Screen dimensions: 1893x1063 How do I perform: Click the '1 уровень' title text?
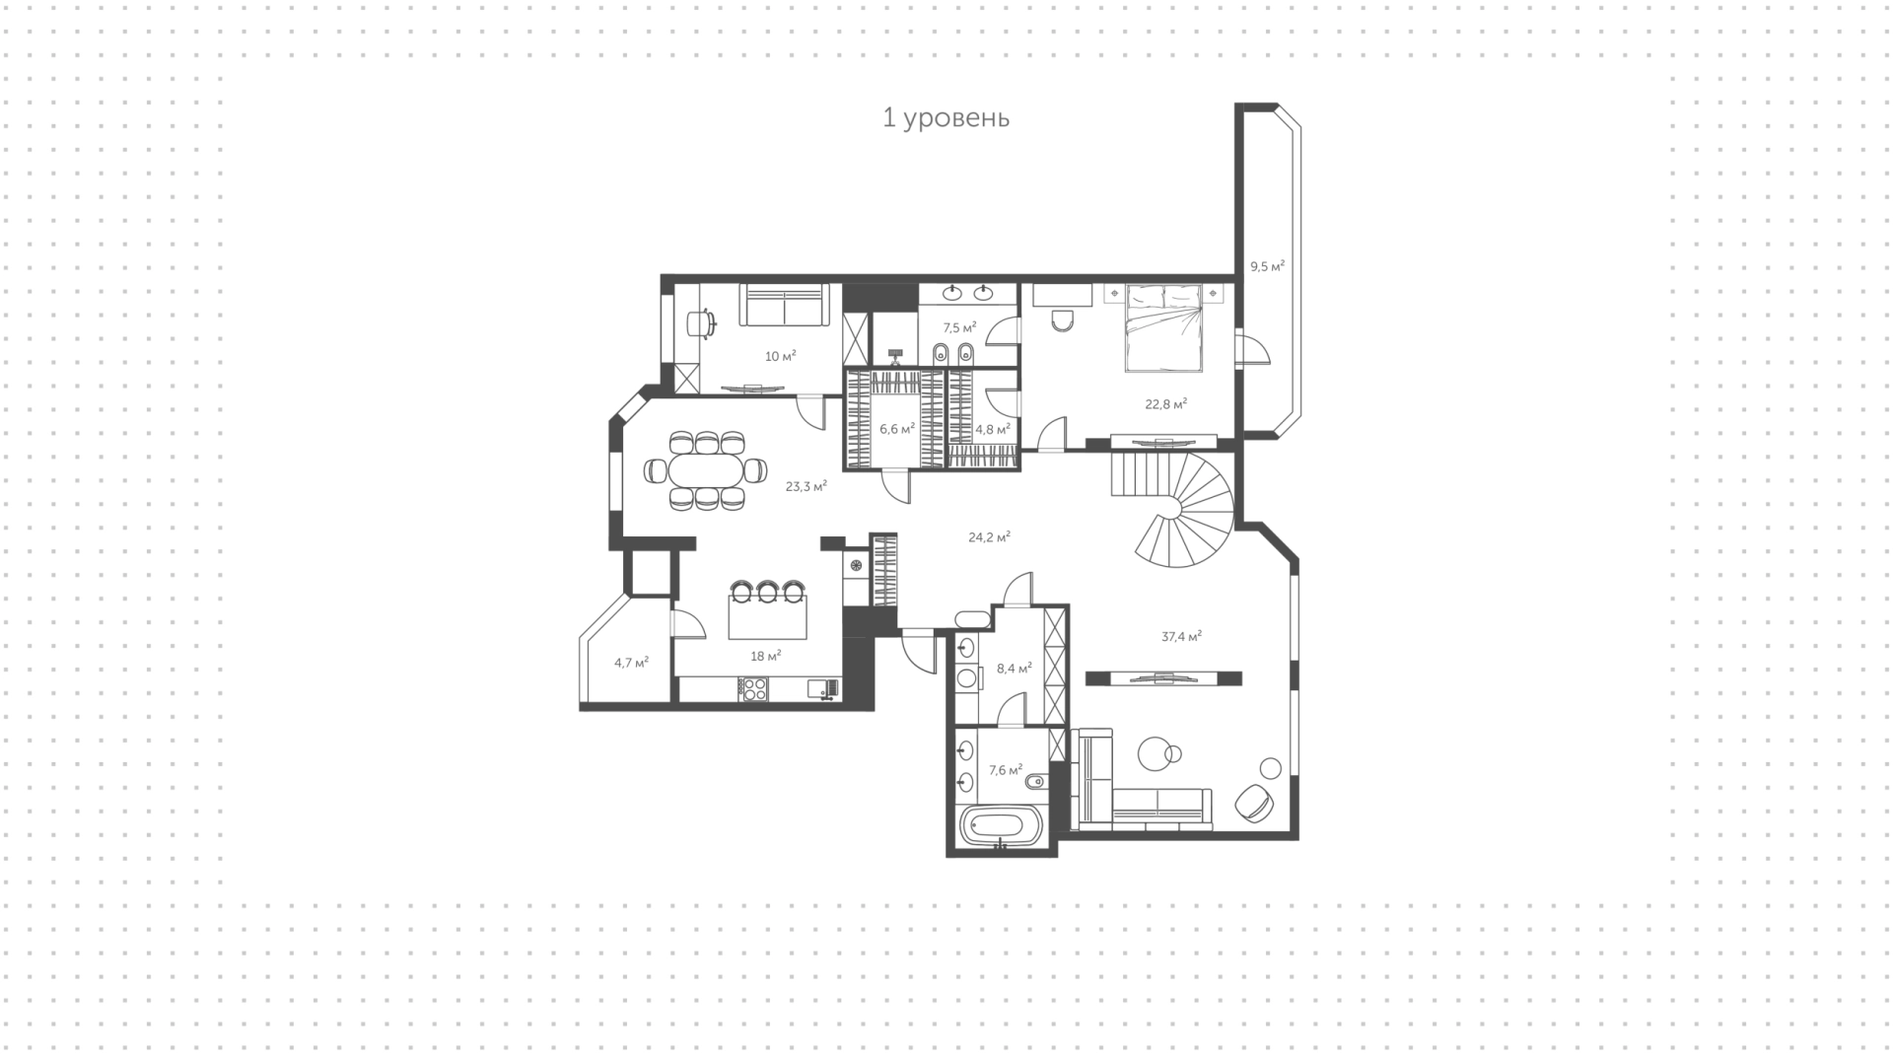point(946,118)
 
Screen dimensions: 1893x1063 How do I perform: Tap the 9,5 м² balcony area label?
point(1267,266)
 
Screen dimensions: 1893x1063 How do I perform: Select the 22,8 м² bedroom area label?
point(1165,403)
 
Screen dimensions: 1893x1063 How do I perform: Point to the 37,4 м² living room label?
point(1181,637)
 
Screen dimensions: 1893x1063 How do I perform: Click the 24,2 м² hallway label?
point(989,537)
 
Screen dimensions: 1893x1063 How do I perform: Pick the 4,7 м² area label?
point(631,663)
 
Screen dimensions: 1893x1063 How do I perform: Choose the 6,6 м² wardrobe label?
point(897,429)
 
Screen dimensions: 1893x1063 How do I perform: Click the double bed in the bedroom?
point(1164,327)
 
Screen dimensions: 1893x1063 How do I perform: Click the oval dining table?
point(706,470)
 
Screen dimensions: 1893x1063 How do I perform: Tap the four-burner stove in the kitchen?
point(754,688)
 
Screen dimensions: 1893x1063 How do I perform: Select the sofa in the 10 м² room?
point(783,306)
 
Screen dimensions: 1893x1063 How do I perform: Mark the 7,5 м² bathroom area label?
point(959,327)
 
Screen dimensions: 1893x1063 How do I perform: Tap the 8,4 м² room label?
point(1015,668)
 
